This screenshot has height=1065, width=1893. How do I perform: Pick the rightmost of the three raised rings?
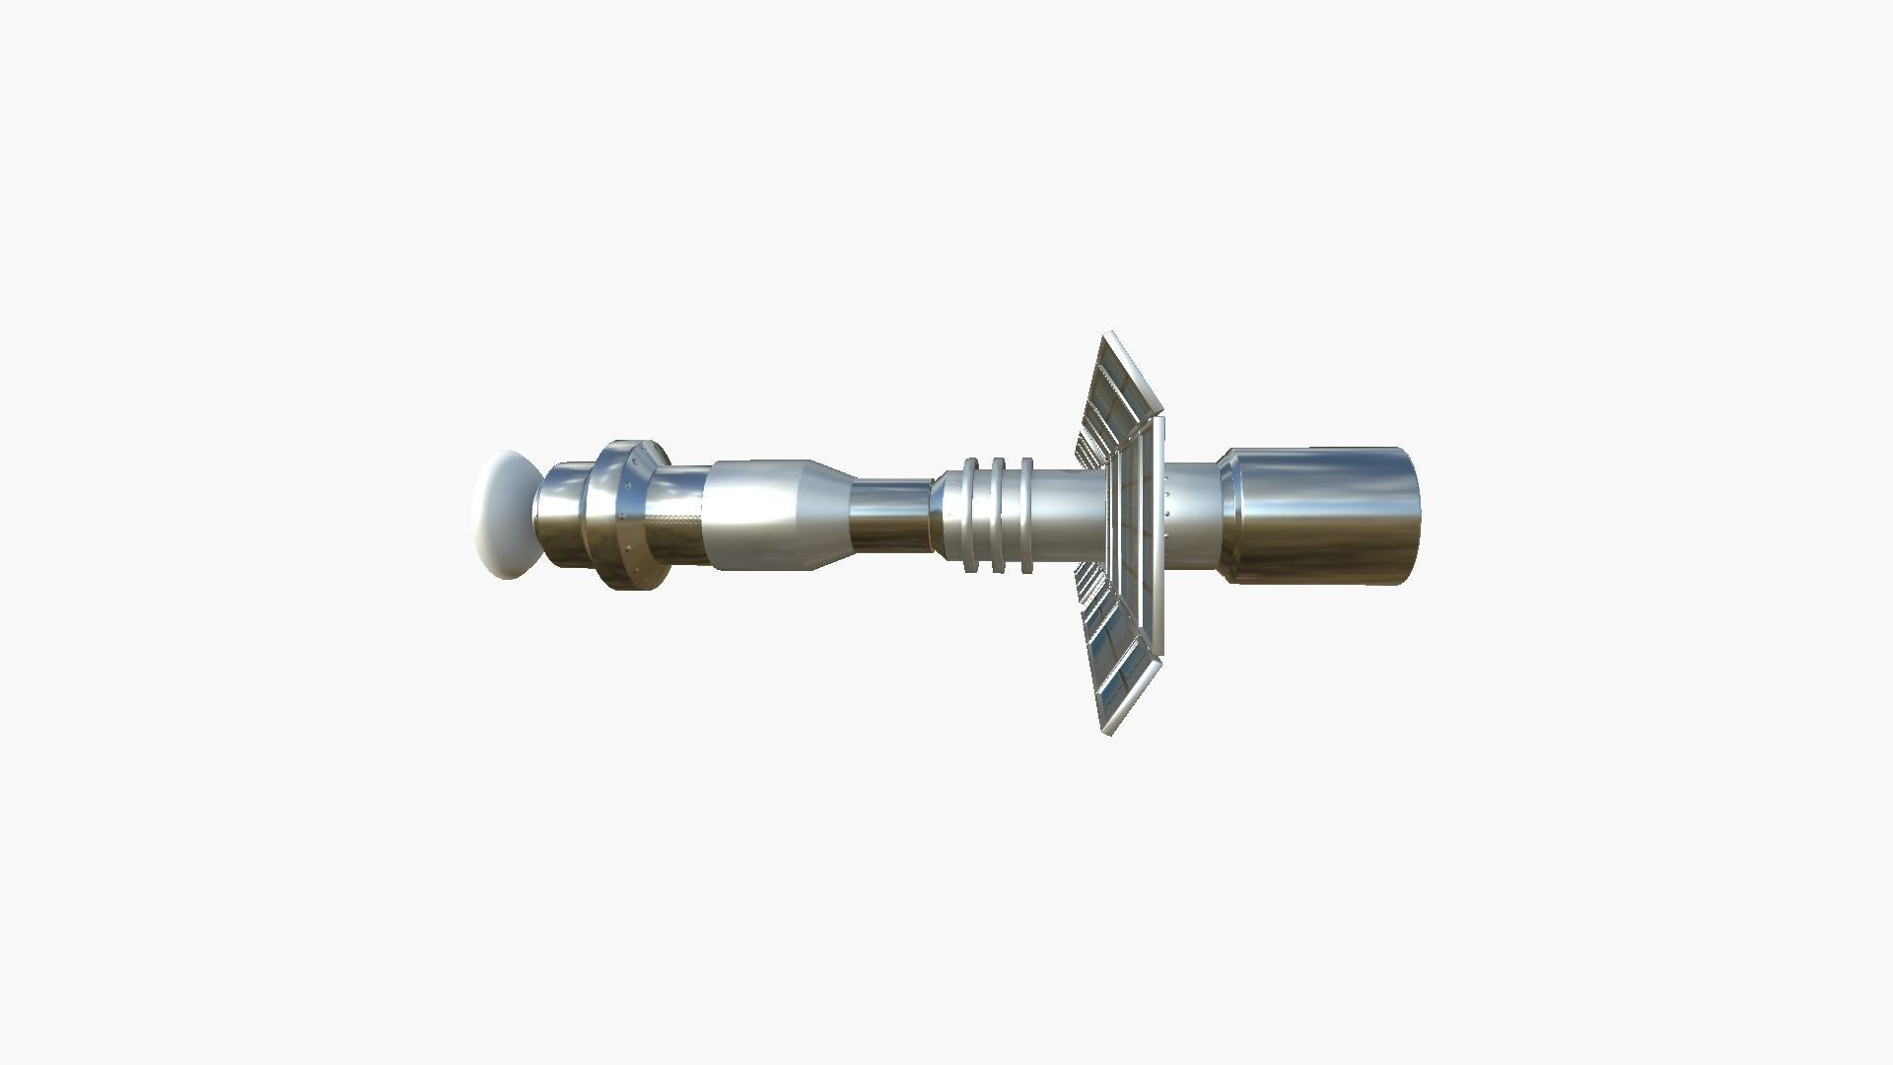[x=1026, y=516]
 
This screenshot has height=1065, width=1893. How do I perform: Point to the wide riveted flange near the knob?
[x=621, y=515]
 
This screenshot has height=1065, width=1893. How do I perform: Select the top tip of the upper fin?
[x=1108, y=336]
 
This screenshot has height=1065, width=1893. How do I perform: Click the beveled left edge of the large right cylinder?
[x=1229, y=515]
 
